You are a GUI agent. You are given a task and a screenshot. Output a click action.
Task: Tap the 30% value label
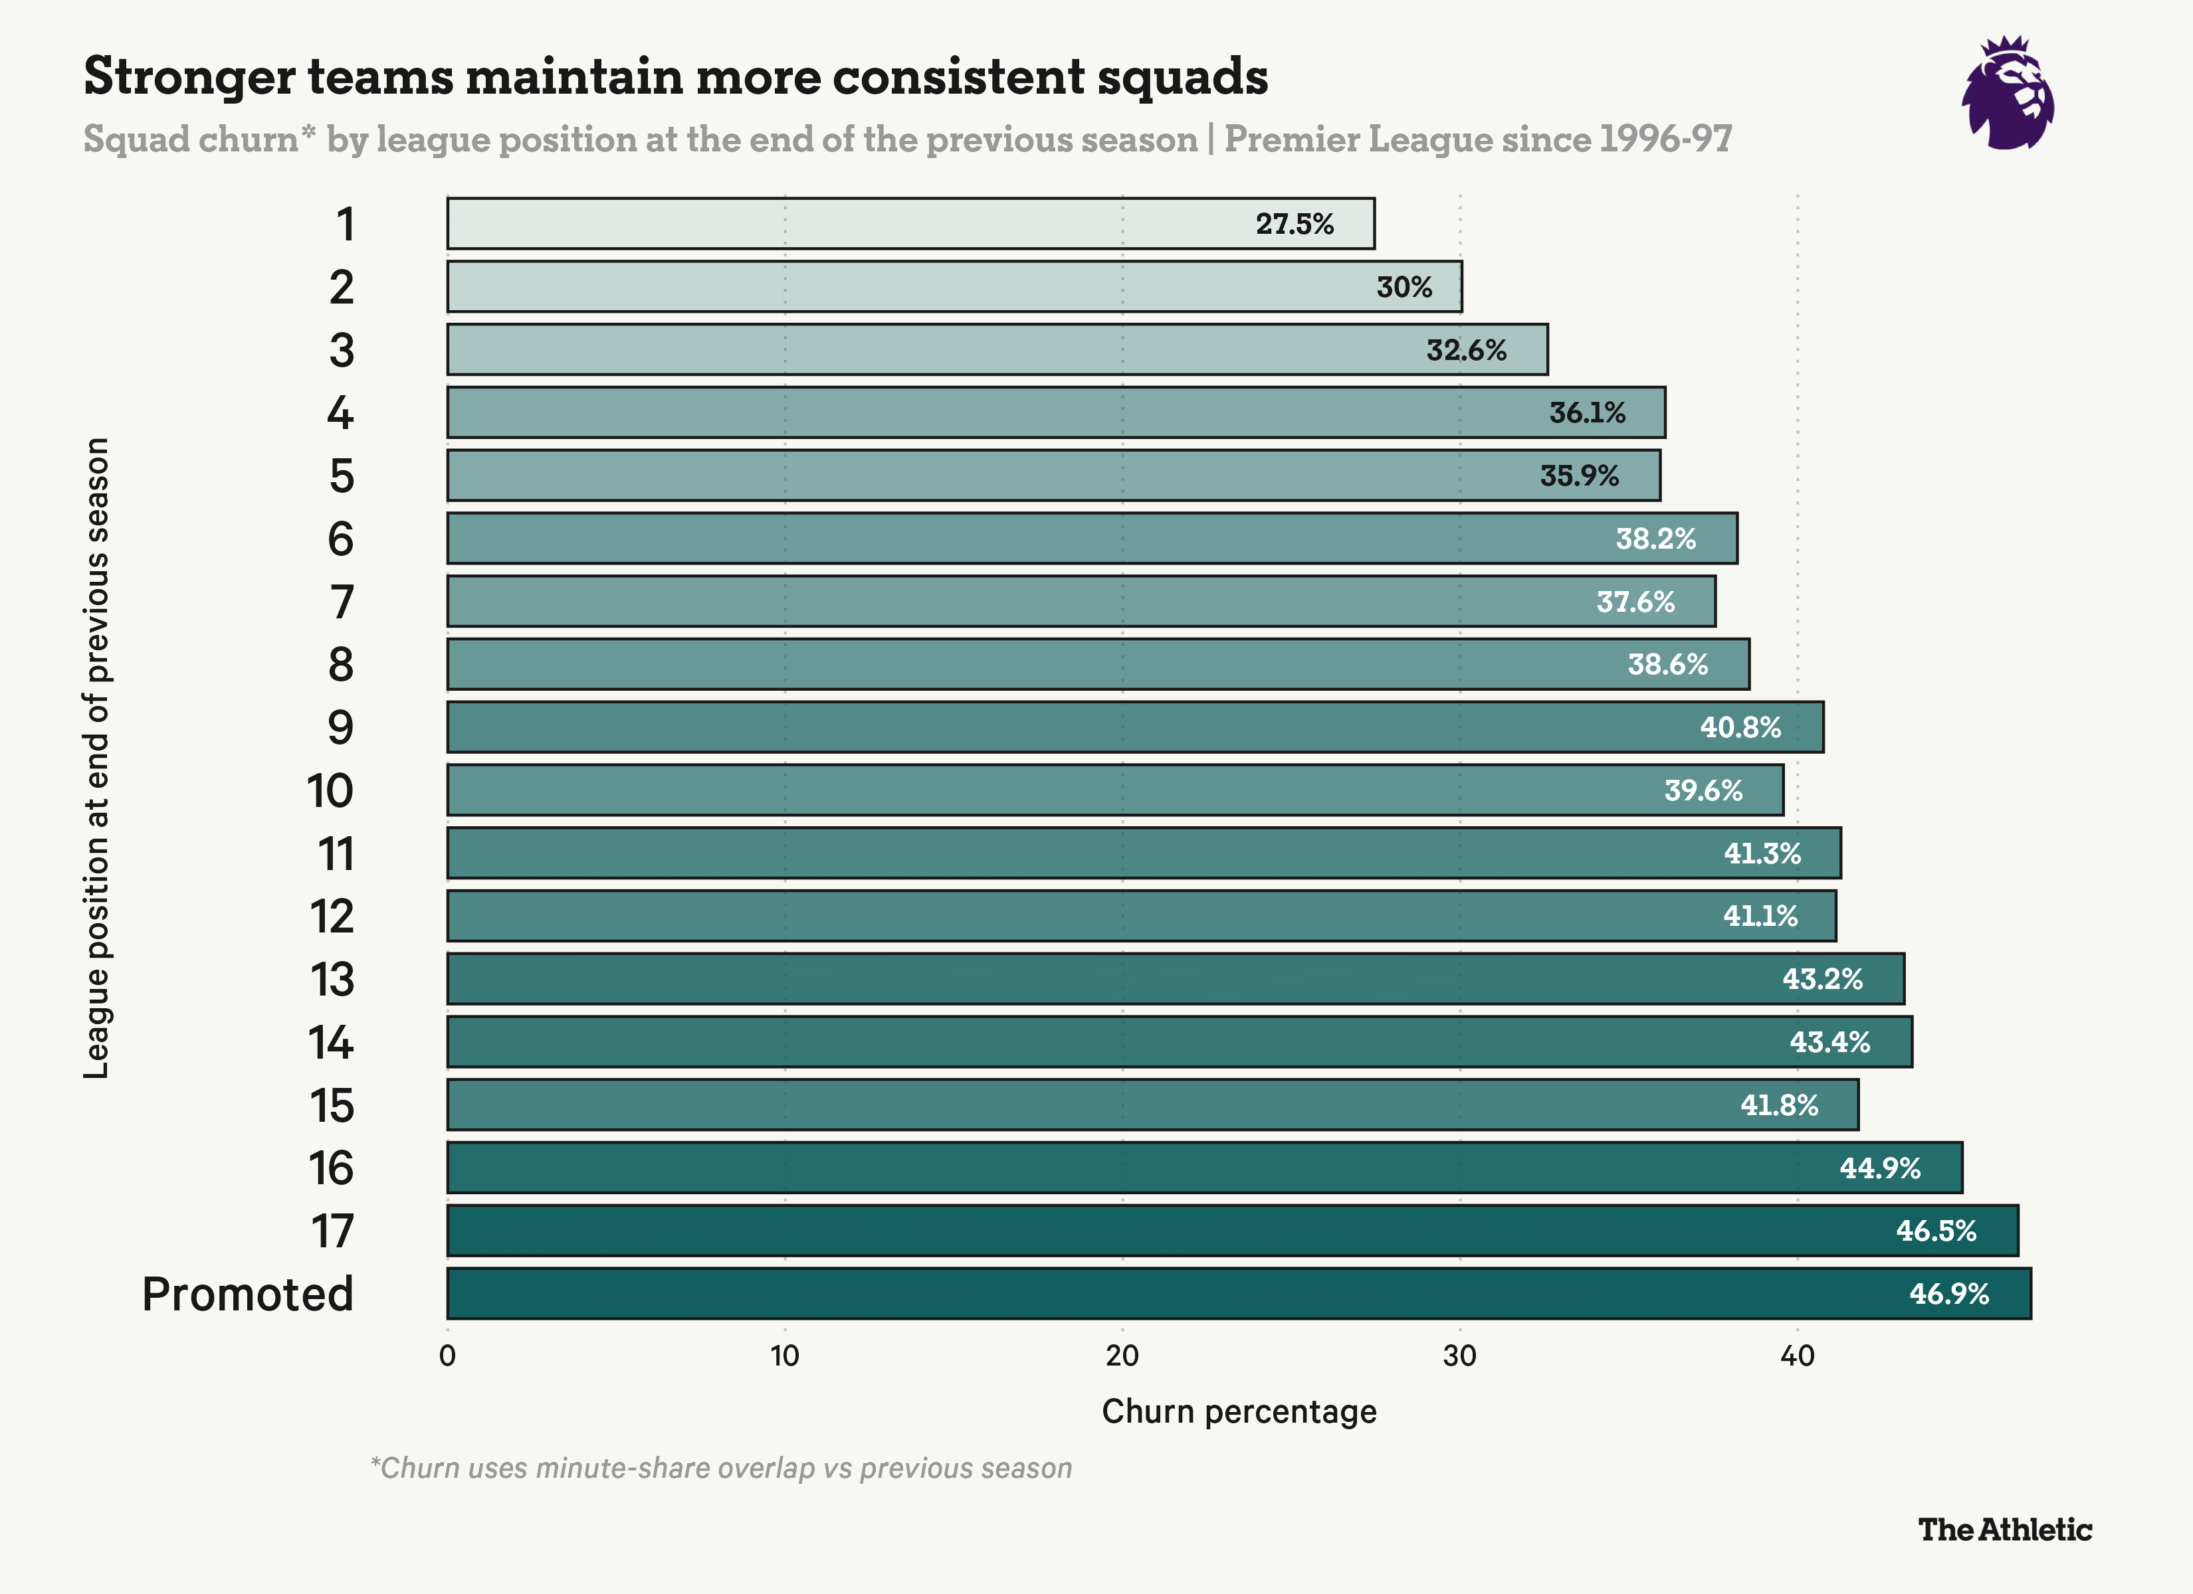[1404, 287]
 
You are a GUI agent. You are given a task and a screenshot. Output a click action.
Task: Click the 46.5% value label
[1936, 1231]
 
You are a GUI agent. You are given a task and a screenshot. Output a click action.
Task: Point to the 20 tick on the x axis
[1122, 1356]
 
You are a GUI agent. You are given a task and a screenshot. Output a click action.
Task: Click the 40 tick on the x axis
[1796, 1356]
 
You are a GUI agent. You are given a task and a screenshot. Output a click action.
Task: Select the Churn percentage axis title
[1239, 1411]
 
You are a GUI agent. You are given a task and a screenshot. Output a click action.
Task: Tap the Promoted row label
[247, 1293]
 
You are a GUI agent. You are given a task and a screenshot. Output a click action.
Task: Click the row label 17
[332, 1231]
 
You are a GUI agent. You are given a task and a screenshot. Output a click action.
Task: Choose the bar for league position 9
[1134, 727]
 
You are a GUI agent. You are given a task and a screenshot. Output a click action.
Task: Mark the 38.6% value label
[1667, 664]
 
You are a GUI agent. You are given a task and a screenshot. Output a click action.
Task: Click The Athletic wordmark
[2004, 1529]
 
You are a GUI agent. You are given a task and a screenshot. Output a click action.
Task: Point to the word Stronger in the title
[189, 76]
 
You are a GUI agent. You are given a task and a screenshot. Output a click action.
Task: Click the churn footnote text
[721, 1467]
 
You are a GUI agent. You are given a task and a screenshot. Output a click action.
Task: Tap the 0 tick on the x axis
[447, 1356]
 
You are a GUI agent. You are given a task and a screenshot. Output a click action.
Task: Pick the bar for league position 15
[1152, 1105]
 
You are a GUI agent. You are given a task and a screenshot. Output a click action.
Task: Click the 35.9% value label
[1579, 476]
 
